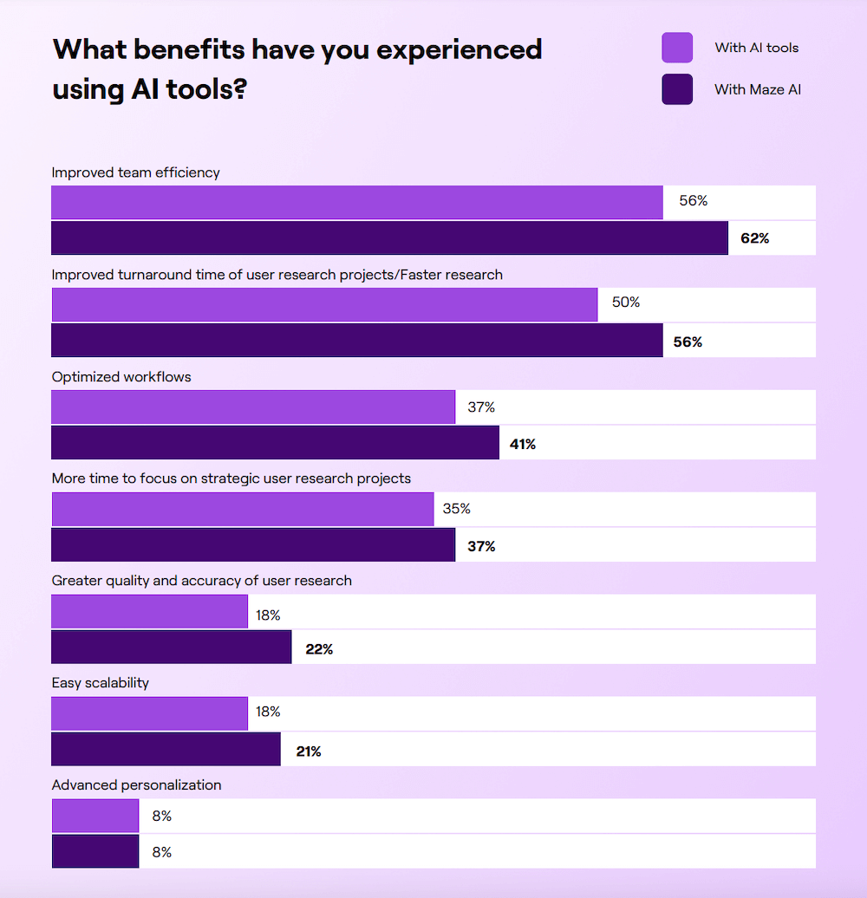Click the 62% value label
[754, 238]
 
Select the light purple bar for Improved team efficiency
[357, 202]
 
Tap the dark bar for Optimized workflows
[275, 442]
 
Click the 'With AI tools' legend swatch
[677, 48]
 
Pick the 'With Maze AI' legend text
[757, 89]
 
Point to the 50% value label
[625, 303]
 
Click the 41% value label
[523, 444]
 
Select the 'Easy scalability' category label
[101, 683]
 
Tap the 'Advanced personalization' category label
[136, 785]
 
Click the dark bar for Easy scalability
[166, 749]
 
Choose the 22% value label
[319, 648]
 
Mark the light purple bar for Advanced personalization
[95, 816]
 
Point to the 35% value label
[456, 509]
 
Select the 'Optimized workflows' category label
[121, 377]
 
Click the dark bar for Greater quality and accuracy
[171, 647]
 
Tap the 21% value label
[308, 752]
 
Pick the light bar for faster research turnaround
[324, 304]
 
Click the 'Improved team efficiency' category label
[135, 172]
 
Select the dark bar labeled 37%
[253, 544]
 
